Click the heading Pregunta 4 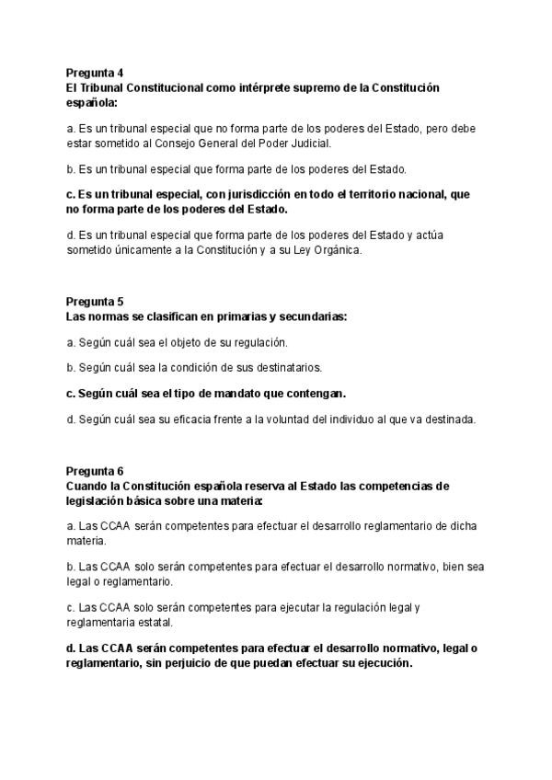pos(95,72)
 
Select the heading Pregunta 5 pos(95,302)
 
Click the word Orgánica pos(340,248)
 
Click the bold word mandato pos(253,394)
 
